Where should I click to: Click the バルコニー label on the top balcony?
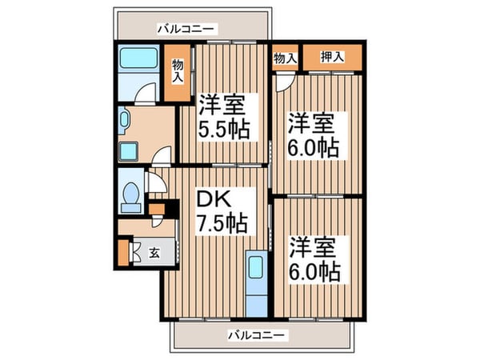click(x=185, y=28)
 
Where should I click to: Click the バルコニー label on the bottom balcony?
click(x=256, y=334)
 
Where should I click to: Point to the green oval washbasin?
click(x=124, y=122)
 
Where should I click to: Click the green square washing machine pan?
click(x=128, y=151)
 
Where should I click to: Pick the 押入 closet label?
click(x=332, y=57)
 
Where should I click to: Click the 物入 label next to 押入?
click(x=286, y=57)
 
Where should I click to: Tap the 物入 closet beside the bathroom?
click(x=178, y=73)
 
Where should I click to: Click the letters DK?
click(x=211, y=197)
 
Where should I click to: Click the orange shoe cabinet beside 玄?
click(x=122, y=251)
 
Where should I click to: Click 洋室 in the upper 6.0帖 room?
click(x=313, y=124)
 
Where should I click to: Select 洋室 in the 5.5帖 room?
click(x=223, y=104)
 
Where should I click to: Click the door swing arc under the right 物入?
click(x=285, y=82)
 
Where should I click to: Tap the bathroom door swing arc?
click(x=143, y=95)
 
